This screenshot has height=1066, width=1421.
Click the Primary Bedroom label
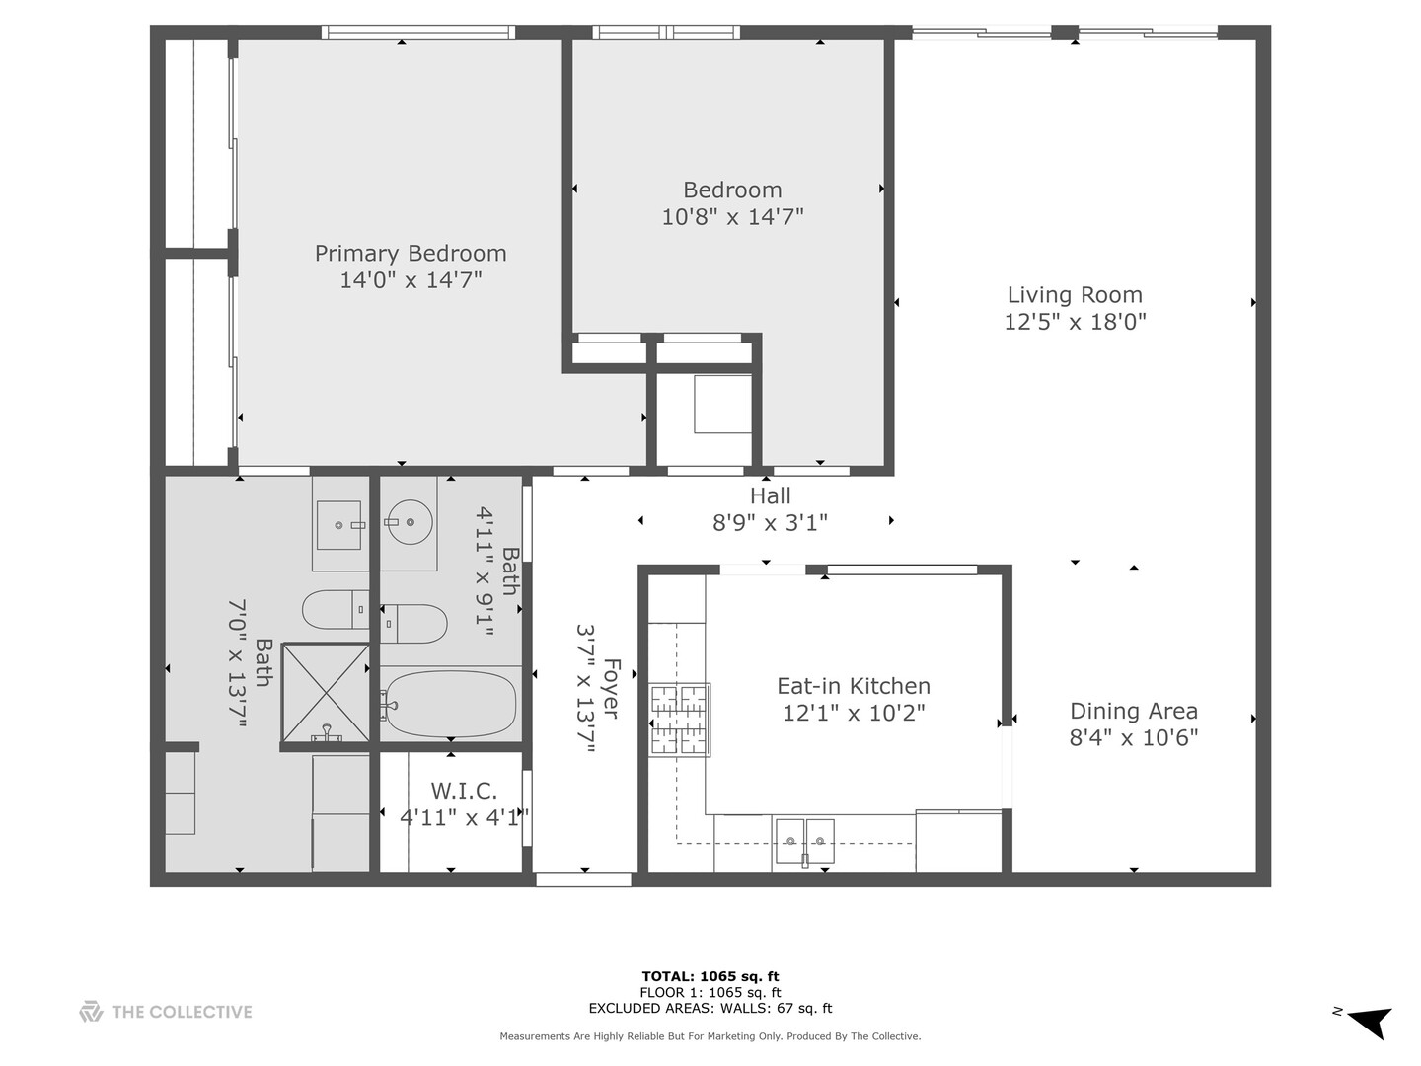[x=411, y=253]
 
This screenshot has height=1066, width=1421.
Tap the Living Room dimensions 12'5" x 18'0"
[x=1075, y=321]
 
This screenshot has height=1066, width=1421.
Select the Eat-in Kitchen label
[x=854, y=685]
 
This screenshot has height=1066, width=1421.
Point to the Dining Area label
[x=1134, y=711]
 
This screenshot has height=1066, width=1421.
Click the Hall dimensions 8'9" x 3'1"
[x=771, y=522]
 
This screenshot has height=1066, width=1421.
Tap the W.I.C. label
[x=464, y=791]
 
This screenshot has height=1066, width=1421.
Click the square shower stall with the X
[x=326, y=693]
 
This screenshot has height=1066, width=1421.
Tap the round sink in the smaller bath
[x=409, y=522]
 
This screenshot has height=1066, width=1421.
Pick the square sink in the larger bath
[x=338, y=525]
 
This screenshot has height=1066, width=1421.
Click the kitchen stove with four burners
[x=680, y=720]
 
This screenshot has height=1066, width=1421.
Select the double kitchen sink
[x=805, y=841]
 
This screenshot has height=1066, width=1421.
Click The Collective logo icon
[x=92, y=1012]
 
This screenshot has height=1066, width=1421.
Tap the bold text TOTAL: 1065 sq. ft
[x=710, y=977]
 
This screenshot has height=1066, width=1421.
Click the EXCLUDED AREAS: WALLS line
[x=710, y=1008]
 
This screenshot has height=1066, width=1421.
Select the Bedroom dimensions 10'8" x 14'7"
[x=732, y=216]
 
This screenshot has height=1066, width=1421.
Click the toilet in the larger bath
[x=336, y=609]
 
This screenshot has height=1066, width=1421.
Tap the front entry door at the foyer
[x=584, y=878]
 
